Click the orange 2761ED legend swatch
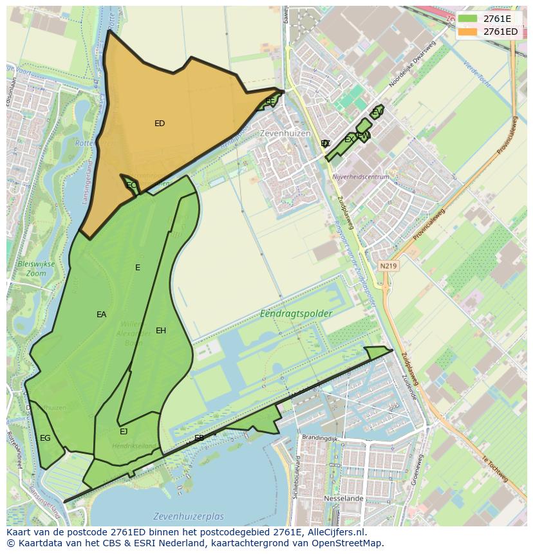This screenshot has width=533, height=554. click(x=468, y=32)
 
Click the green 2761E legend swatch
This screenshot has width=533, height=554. click(x=468, y=19)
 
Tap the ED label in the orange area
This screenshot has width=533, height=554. click(x=160, y=124)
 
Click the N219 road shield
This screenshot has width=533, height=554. click(x=388, y=266)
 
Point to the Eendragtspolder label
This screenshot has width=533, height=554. click(x=296, y=314)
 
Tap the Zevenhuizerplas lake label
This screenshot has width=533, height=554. click(x=189, y=517)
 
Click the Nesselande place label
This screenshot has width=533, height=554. click(x=344, y=499)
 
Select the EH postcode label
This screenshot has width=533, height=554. click(x=161, y=331)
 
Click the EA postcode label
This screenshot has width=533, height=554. click(x=102, y=315)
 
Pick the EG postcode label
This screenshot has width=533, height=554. click(x=45, y=438)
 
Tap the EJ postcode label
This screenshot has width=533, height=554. click(x=124, y=432)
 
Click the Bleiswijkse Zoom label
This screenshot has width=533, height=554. click(x=36, y=269)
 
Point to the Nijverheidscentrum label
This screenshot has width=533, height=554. click(x=360, y=176)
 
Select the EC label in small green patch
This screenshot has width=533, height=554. click(x=131, y=185)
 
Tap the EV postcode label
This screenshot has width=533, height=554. click(x=377, y=113)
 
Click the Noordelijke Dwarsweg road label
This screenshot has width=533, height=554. click(x=412, y=65)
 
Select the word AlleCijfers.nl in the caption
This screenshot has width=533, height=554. click(x=334, y=532)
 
